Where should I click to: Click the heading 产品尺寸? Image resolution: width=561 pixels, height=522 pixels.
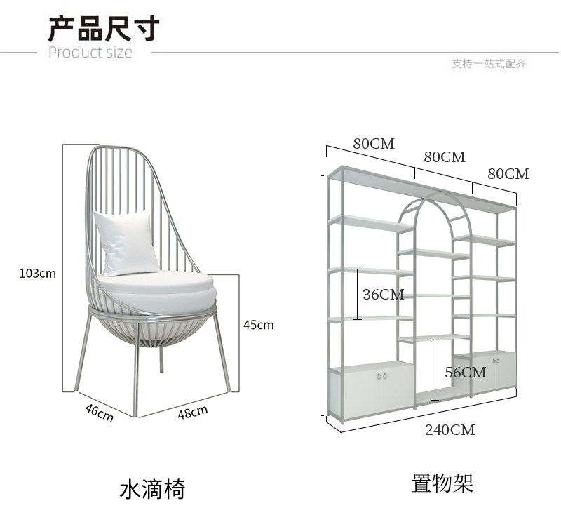coord(104,28)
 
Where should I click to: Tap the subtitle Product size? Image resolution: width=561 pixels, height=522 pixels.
coord(90,53)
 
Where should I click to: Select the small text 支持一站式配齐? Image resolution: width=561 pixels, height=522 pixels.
coord(489,64)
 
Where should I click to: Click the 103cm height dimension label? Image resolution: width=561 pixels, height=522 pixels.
coord(37,273)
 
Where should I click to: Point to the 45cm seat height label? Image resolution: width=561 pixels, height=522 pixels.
coord(258,325)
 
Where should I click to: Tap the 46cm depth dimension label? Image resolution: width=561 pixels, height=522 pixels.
coord(99,413)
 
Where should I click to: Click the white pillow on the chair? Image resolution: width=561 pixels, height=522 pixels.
coord(126,243)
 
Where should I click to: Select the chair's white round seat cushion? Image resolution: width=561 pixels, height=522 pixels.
coord(155,290)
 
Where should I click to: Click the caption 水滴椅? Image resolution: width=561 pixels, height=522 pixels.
coord(152,488)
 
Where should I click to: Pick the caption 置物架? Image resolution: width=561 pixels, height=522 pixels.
coord(442,483)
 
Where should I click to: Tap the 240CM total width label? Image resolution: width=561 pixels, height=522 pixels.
coord(450,430)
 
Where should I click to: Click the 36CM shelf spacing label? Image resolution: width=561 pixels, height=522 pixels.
coord(383,295)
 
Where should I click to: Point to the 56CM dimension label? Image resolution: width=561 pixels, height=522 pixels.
coord(465,373)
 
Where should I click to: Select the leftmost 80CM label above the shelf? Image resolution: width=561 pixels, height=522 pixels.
coord(374,144)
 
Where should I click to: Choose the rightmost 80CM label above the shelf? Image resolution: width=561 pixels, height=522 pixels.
coord(508,174)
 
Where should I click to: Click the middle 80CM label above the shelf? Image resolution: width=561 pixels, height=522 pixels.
coord(445,157)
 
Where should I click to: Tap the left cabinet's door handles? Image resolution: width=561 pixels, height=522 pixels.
coord(381,377)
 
